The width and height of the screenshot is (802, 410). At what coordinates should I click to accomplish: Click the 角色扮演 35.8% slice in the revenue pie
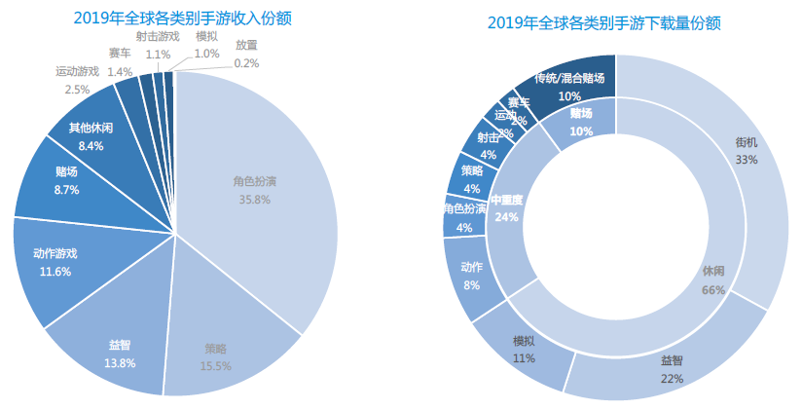pyautogui.click(x=255, y=191)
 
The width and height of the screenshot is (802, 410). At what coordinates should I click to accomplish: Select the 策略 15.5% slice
pyautogui.click(x=217, y=355)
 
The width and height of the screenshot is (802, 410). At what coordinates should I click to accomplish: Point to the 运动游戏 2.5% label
pyautogui.click(x=77, y=80)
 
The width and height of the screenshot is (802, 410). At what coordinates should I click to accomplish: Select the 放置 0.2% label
pyautogui.click(x=246, y=55)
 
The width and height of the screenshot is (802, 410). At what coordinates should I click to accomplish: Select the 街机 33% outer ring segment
pyautogui.click(x=746, y=151)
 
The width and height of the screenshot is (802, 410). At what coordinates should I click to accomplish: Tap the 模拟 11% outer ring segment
pyautogui.click(x=524, y=349)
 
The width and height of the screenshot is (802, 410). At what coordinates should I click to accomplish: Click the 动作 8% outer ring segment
pyautogui.click(x=471, y=275)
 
